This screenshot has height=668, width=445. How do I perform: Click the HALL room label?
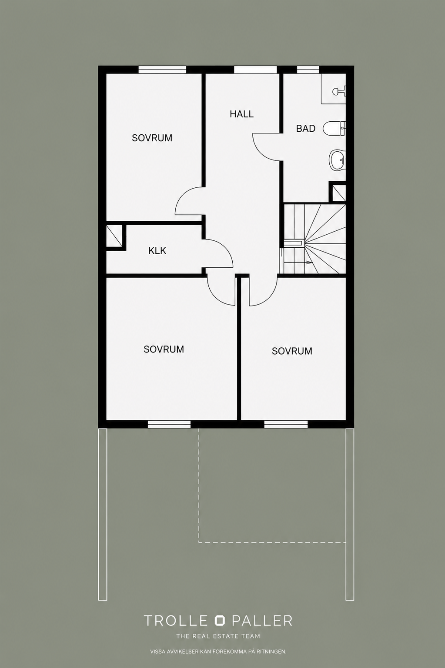pyautogui.click(x=241, y=114)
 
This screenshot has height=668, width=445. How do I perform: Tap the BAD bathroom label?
pyautogui.click(x=306, y=129)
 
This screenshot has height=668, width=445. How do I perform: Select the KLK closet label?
pyautogui.click(x=157, y=251)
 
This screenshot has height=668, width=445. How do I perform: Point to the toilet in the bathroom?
pyautogui.click(x=334, y=128)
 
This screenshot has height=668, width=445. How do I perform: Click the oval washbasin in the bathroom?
pyautogui.click(x=337, y=160)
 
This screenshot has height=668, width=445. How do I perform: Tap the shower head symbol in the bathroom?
pyautogui.click(x=339, y=91)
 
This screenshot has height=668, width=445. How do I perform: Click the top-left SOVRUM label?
pyautogui.click(x=152, y=138)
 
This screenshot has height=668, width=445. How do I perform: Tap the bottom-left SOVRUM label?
pyautogui.click(x=164, y=349)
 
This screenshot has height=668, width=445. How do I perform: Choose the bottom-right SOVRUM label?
pyautogui.click(x=292, y=351)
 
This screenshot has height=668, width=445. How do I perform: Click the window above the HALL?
pyautogui.click(x=255, y=70)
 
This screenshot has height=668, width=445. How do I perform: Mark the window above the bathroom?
pyautogui.click(x=308, y=70)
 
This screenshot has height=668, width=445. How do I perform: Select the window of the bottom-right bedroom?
pyautogui.click(x=286, y=424)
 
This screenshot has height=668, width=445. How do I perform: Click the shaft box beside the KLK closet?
pyautogui.click(x=114, y=236)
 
